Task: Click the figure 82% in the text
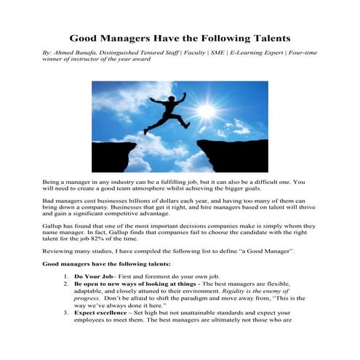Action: (97, 236)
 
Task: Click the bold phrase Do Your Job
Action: (90, 277)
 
